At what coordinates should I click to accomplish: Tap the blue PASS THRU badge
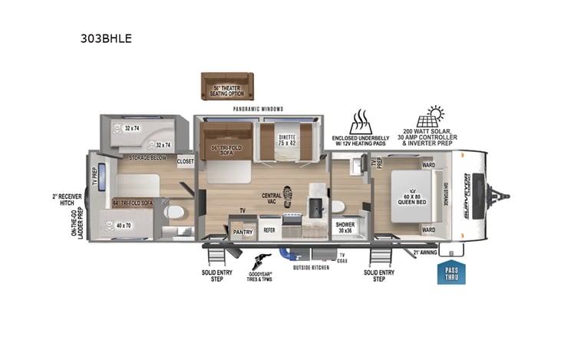click(x=451, y=273)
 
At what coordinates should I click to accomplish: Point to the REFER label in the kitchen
click(x=269, y=229)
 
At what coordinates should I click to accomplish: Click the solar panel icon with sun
click(x=428, y=118)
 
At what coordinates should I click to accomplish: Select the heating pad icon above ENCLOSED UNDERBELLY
click(x=361, y=122)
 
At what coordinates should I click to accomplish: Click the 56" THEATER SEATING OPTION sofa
click(x=227, y=87)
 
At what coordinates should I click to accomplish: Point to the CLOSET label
click(x=185, y=162)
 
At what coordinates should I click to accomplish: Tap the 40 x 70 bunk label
click(x=123, y=226)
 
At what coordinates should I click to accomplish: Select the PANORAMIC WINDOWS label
click(x=256, y=109)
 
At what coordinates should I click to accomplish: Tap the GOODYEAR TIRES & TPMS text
click(x=260, y=275)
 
